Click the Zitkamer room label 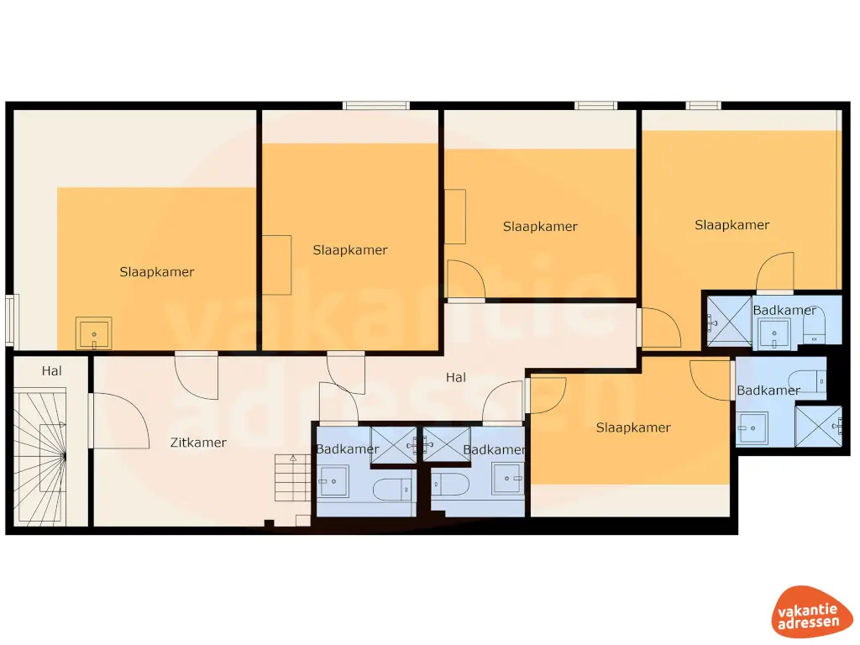[198, 443]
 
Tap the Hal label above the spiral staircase [52, 370]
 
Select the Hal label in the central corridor [456, 378]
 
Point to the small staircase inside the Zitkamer [292, 478]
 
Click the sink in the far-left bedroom [93, 333]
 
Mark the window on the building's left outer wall [10, 319]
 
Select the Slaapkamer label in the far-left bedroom [157, 272]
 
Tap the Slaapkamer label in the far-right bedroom [732, 225]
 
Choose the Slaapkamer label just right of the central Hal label [633, 427]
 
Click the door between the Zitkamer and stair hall [91, 420]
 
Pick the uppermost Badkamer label [784, 310]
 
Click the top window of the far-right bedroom [703, 105]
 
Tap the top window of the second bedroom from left [375, 105]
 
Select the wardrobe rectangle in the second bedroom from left [276, 265]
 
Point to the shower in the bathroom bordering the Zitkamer [394, 440]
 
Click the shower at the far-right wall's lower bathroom [818, 426]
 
